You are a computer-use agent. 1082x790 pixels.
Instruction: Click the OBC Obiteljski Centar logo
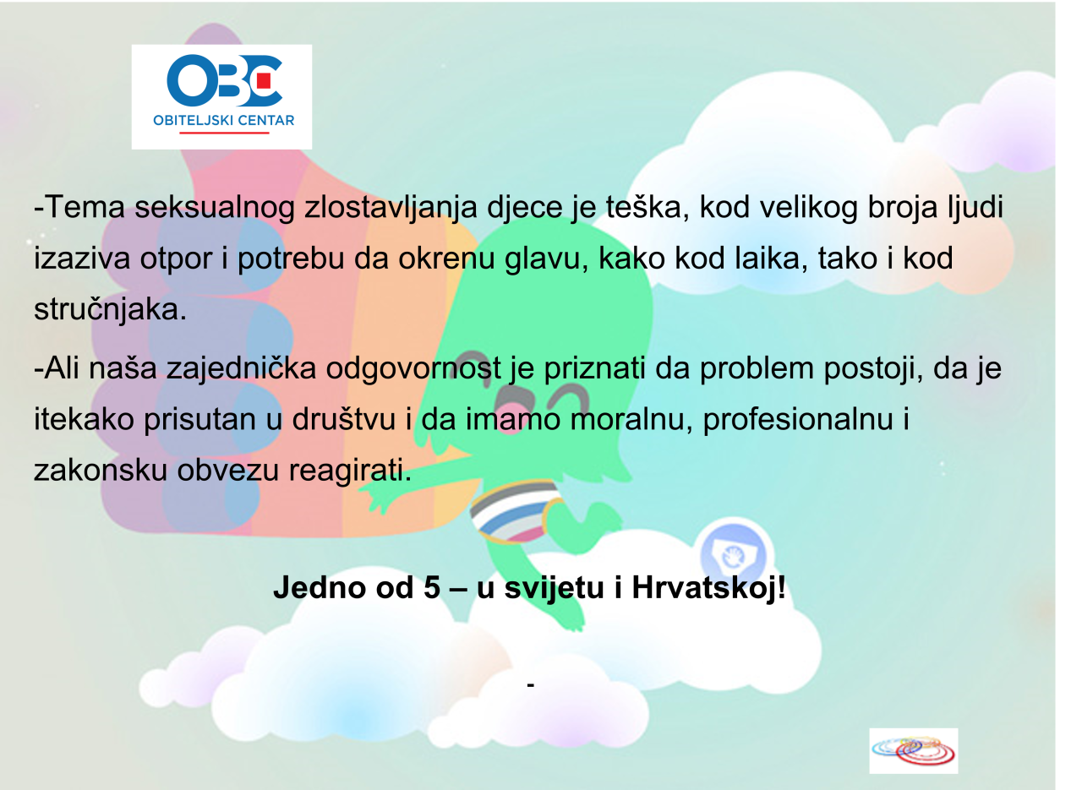point(221,96)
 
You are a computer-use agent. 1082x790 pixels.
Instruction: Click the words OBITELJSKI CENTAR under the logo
point(224,121)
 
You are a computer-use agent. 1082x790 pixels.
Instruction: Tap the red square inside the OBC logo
point(264,80)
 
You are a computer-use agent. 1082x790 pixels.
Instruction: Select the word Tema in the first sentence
point(85,207)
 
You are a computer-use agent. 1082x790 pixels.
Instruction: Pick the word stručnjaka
point(110,310)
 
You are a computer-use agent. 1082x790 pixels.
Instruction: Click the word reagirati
point(350,471)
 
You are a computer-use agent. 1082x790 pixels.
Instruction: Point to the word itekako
point(84,419)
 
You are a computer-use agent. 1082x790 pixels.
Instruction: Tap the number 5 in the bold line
point(432,587)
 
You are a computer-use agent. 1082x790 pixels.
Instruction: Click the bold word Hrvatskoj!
point(708,588)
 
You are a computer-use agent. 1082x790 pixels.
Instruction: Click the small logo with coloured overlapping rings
point(914,750)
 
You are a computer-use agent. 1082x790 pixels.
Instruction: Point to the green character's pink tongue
point(511,425)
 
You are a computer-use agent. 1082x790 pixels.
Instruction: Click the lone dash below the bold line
point(530,684)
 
